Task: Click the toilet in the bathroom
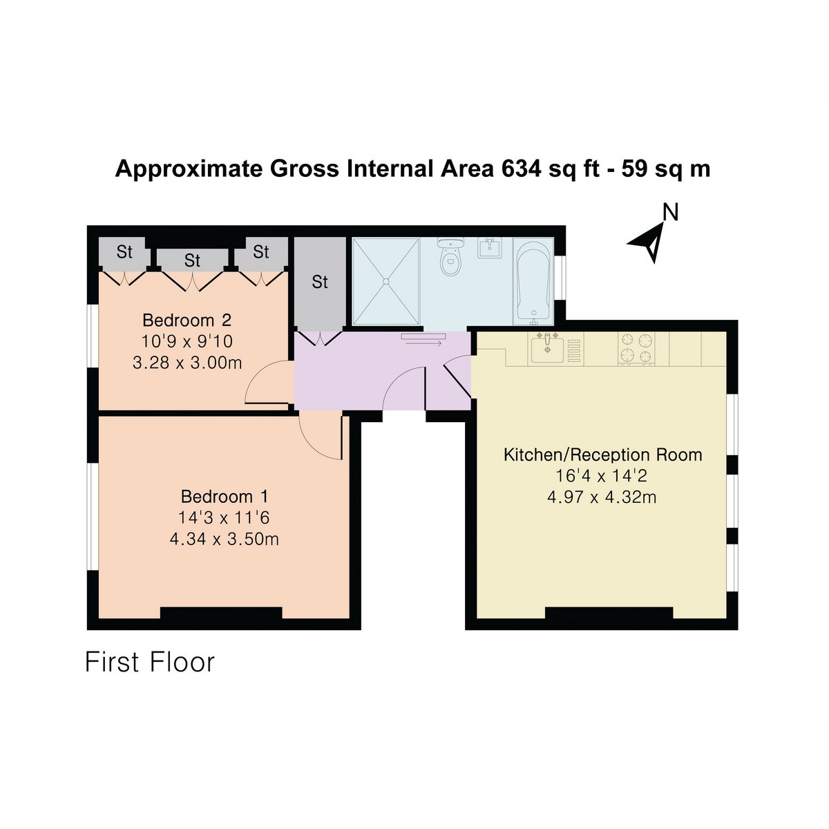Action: coord(450,256)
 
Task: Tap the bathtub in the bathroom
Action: coord(533,282)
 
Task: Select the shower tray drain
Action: coord(386,281)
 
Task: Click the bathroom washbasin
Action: coord(490,248)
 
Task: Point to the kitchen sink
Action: coord(547,349)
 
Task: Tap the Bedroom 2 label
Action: coord(187,321)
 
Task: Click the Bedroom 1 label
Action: coord(224,497)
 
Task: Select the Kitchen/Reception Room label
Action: coord(602,455)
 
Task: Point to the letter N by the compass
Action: coord(670,212)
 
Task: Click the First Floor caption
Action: coord(150,663)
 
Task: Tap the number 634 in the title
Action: coord(521,169)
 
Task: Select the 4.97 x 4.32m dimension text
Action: coord(602,497)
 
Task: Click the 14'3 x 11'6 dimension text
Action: coord(224,518)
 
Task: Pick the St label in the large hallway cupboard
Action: coord(320,283)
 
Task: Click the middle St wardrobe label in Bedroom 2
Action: coord(192,260)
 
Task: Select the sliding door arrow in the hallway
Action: coord(423,343)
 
